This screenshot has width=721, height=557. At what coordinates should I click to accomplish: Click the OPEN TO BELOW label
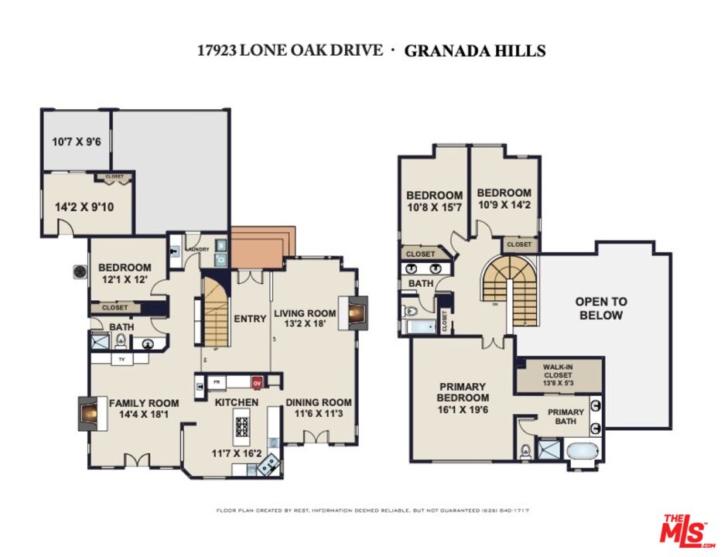pyautogui.click(x=600, y=308)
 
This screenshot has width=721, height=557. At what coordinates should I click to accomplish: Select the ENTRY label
pyautogui.click(x=250, y=318)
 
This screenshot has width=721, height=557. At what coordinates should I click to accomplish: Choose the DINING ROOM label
pyautogui.click(x=319, y=402)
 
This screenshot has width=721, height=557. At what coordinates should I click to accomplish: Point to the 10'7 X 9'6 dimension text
pyautogui.click(x=76, y=142)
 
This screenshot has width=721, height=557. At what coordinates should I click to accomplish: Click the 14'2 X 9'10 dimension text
pyautogui.click(x=80, y=207)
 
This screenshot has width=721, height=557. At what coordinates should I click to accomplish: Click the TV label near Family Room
pyautogui.click(x=120, y=359)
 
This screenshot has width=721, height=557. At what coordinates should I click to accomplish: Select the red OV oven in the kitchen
pyautogui.click(x=258, y=381)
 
